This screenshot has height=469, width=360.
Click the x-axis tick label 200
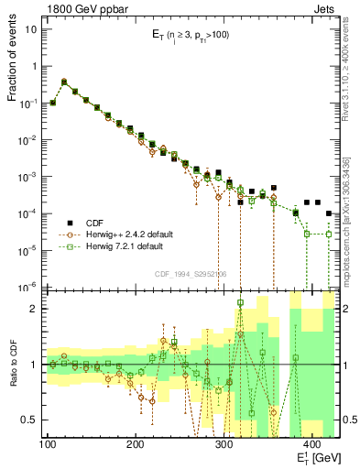[135, 444]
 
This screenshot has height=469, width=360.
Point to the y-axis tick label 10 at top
[32, 29]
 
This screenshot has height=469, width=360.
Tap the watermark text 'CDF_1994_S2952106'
[190, 274]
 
